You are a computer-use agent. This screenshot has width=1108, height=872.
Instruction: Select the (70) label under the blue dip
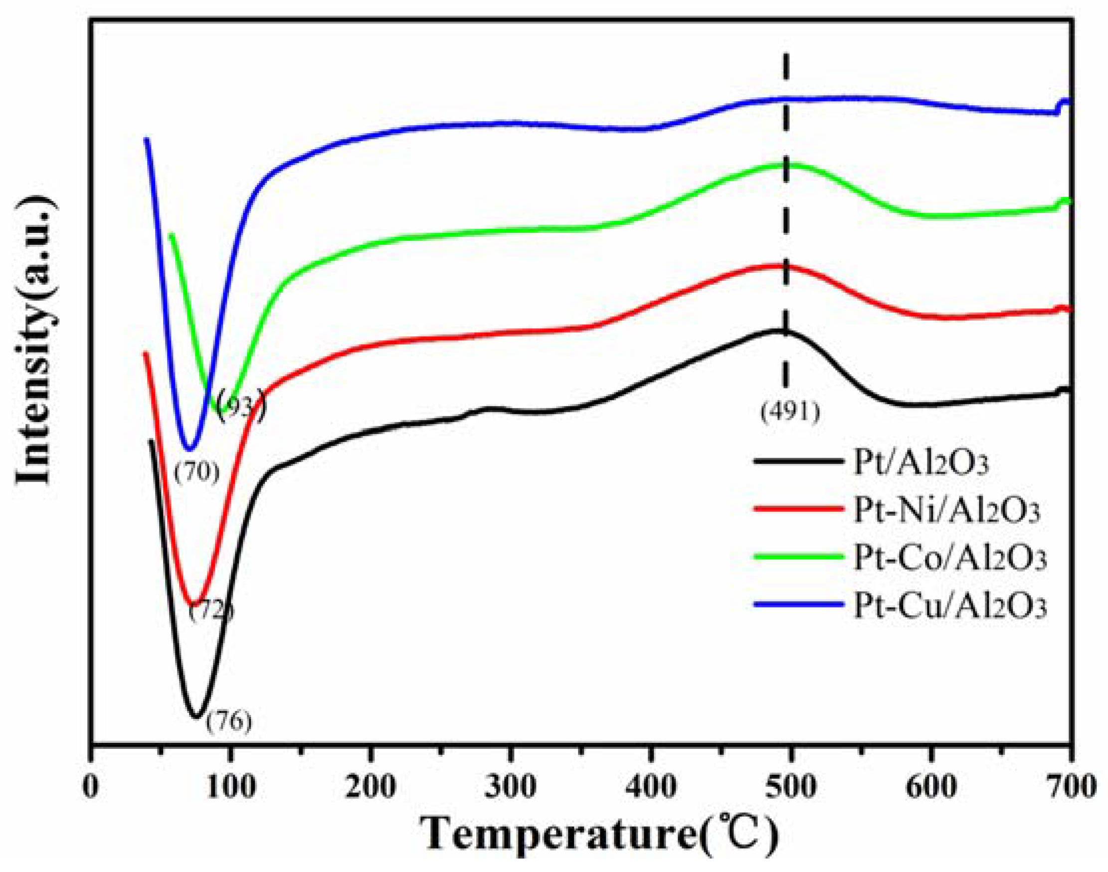tap(196, 473)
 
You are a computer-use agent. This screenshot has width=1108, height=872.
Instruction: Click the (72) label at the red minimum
tap(211, 611)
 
